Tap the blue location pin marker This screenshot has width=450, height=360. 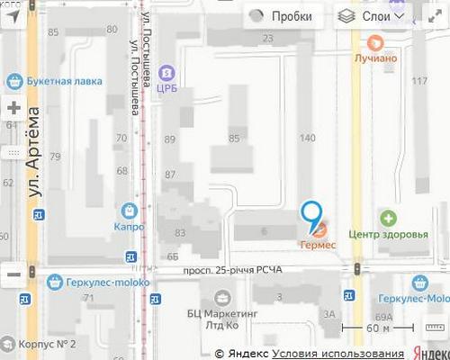click(311, 212)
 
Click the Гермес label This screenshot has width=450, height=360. click(318, 245)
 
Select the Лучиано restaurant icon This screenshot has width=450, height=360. click(375, 43)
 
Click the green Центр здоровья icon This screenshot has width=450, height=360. click(388, 218)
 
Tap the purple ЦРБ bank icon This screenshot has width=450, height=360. click(166, 72)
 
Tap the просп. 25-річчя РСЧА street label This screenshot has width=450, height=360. click(232, 269)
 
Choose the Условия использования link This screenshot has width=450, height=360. click(338, 353)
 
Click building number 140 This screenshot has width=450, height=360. click(308, 138)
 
